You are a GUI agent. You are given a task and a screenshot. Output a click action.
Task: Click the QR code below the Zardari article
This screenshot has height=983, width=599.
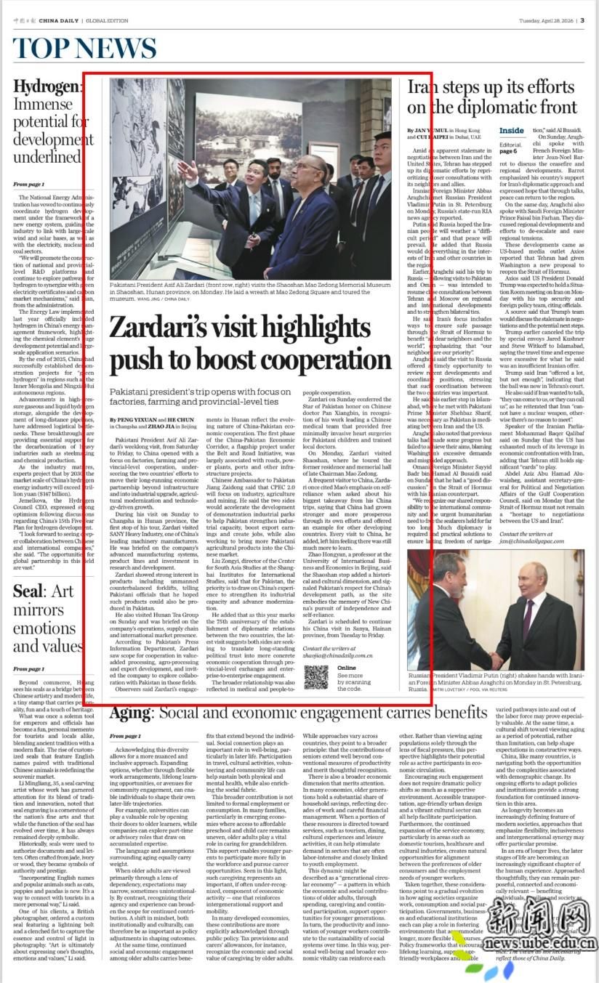[315, 676]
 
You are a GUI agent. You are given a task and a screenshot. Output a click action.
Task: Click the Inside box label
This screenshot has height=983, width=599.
[512, 131]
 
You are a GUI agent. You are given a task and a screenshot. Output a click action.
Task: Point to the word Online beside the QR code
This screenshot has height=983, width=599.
[347, 667]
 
